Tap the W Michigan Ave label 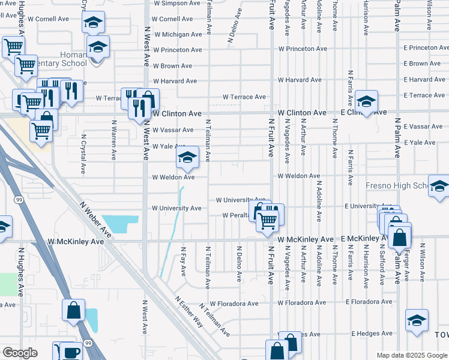[177, 35]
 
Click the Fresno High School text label [396, 186]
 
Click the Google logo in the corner [20, 353]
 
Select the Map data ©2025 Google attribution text [412, 355]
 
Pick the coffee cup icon [71, 352]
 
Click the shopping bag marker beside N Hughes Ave [73, 311]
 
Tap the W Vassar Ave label [173, 130]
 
